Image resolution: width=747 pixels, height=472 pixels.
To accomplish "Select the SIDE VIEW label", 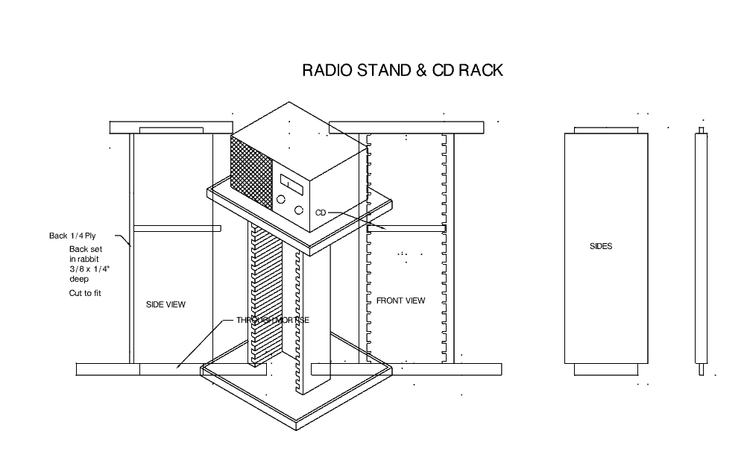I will coord(166,304).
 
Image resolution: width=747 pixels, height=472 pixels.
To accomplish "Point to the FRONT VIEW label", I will coord(400,300).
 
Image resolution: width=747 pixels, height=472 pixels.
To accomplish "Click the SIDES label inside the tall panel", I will coord(600,246).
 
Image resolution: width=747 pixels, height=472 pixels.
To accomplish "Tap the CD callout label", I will coord(321,213).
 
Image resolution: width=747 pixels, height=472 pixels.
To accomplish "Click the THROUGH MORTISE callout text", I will coord(273,320).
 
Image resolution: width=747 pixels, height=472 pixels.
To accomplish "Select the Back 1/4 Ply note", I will coord(72,236).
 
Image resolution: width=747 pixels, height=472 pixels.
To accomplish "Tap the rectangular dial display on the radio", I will coord(290,181).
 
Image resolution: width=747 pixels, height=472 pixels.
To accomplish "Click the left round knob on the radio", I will coord(282,200).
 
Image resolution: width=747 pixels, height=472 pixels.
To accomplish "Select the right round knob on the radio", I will coord(299,210).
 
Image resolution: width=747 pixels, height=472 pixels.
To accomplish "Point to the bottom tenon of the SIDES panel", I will coord(600,368).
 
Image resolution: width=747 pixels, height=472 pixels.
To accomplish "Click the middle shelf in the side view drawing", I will coord(176,226).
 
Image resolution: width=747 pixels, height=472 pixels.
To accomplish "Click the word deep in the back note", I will coord(79,279).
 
